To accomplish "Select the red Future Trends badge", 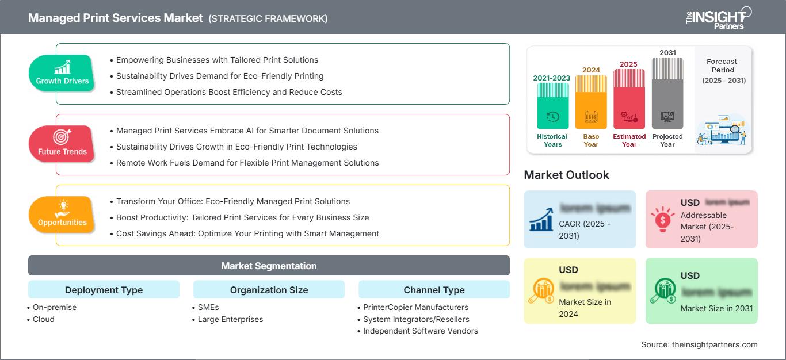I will pos(62,144).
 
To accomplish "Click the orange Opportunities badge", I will pos(62,215).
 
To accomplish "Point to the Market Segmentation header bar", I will pos(269,266).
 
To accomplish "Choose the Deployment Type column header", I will pos(104,290).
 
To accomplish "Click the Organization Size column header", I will pos(269,290).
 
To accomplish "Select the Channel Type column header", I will pos(434,290).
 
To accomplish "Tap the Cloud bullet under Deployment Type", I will pos(44,319).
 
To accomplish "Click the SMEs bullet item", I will pos(209,307).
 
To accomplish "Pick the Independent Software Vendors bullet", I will pos(420,331).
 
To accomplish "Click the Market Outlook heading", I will pos(566,175).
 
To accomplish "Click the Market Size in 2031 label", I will pos(716,308).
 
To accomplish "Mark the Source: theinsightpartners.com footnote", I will pos(699,344).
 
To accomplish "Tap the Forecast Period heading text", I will pos(723,65).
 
